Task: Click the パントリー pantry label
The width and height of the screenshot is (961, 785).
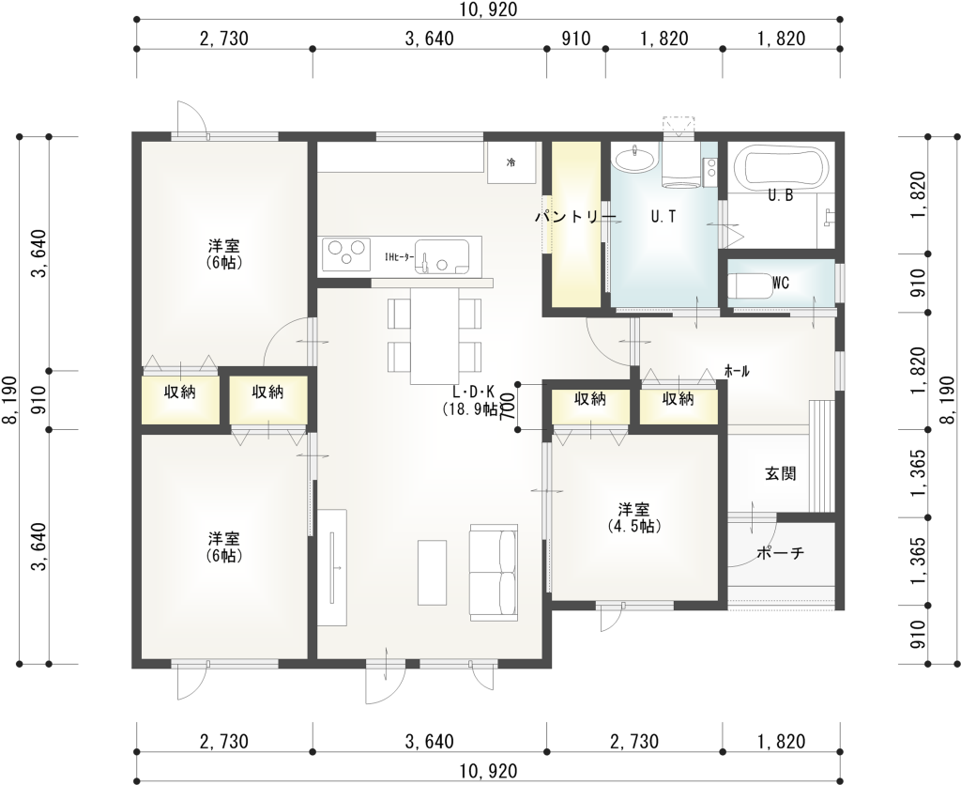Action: (x=575, y=217)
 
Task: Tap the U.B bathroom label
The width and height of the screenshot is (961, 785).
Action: (x=781, y=195)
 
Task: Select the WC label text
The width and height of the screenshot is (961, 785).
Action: (x=781, y=283)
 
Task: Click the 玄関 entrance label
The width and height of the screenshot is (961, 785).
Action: (x=781, y=473)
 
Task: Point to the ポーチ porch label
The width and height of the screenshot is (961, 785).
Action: (x=780, y=553)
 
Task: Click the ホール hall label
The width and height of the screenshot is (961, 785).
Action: (x=737, y=371)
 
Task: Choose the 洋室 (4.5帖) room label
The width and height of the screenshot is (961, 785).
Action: (x=633, y=517)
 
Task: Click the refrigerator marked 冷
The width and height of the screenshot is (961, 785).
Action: (x=511, y=162)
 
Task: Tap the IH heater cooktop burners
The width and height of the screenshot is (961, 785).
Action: (x=346, y=254)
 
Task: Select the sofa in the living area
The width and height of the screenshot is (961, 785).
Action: (x=494, y=572)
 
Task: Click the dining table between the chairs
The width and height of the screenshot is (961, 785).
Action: (x=435, y=336)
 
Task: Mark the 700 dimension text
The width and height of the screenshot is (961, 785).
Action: (x=508, y=406)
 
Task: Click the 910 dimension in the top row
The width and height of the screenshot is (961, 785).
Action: (x=576, y=38)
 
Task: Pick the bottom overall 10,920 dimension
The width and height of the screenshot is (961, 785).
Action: (x=487, y=770)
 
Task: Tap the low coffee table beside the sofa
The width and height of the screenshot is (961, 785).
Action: (x=433, y=572)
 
